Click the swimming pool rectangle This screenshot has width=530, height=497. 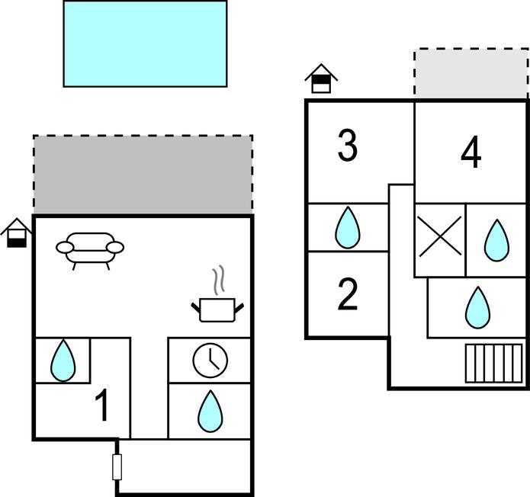145,43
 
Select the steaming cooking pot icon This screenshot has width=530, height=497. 217,301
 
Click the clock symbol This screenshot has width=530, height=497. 210,360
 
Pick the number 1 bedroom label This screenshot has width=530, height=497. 101,406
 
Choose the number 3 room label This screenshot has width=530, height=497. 348,146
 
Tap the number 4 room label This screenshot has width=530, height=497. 471,154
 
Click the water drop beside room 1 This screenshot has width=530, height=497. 63,361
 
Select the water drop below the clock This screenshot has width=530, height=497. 210,411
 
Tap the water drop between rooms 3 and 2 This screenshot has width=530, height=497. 348,227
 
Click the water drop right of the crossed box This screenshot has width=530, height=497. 496,240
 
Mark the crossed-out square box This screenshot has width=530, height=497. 440,236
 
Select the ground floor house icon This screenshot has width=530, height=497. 16,232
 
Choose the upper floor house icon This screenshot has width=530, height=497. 321,78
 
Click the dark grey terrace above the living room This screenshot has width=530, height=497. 143,175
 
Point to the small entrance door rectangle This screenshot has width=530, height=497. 117,467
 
